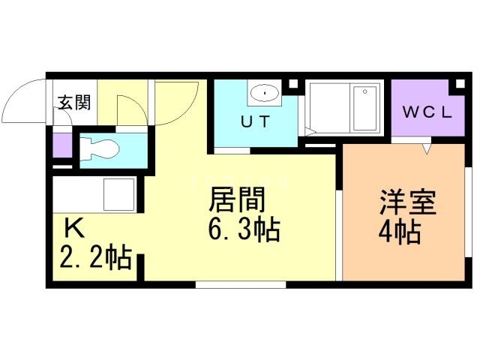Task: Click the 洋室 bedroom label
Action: click(407, 203)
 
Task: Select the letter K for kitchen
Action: click(73, 227)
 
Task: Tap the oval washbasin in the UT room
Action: click(263, 94)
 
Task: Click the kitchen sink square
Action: click(118, 194)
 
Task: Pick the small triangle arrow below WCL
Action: click(427, 148)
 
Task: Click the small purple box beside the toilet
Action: click(61, 144)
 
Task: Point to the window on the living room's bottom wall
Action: click(240, 284)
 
